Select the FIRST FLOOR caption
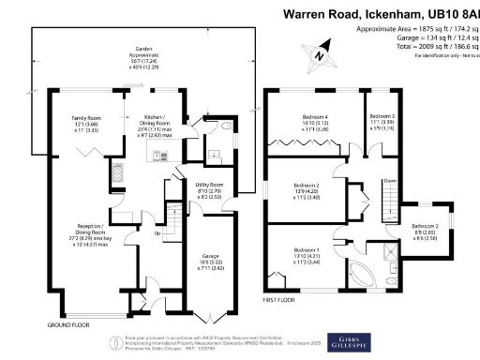(281, 302)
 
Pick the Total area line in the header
(415, 44)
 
